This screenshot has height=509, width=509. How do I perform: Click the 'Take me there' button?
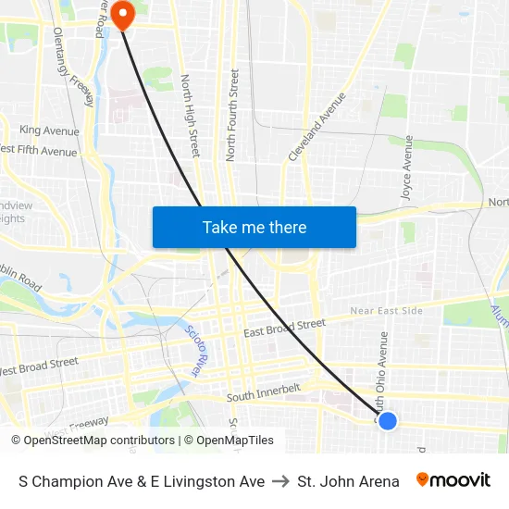point(254,228)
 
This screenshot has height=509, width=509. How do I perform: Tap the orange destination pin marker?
point(122,15)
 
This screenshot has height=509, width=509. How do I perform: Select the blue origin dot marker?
point(388,421)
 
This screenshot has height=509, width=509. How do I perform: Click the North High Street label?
point(190,115)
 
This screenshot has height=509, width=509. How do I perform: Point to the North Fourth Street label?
point(232,114)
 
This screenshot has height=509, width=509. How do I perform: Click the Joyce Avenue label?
point(406,168)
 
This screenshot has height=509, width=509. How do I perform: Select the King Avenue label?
point(49,130)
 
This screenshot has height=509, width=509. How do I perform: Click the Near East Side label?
point(386,311)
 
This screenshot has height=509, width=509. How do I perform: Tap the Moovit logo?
point(453,480)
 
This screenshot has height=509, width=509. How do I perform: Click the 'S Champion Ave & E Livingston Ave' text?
point(142,481)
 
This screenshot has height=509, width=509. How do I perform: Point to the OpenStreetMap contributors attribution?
point(93,441)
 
